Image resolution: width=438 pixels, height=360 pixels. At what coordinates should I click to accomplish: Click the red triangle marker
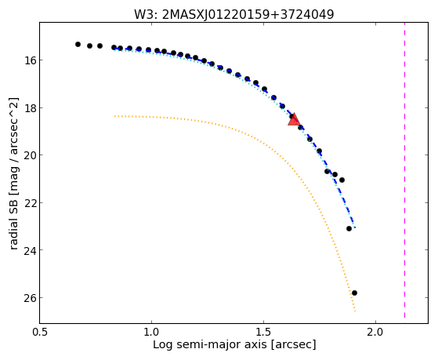point(294,120)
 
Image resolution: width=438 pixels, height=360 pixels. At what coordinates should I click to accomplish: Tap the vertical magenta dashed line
point(404,170)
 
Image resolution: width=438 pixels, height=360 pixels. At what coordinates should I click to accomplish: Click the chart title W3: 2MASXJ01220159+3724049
point(234,14)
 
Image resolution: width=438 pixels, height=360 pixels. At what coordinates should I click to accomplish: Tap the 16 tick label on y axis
point(31,60)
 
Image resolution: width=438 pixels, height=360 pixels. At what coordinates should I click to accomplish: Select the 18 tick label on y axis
point(31,107)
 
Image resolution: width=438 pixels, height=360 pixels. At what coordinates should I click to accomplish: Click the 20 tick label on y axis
point(31,155)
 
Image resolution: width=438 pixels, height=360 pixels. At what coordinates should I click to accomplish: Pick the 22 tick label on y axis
point(31,202)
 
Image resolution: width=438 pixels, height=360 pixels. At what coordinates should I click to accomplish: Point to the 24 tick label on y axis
point(31,249)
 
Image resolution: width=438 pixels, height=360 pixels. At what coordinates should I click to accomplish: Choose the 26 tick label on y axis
point(31,297)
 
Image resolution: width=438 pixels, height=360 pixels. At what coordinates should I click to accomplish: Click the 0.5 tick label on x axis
point(40,332)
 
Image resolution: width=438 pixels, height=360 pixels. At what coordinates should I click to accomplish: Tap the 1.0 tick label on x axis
point(151,332)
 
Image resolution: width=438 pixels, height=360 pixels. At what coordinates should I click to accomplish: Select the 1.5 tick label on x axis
point(263,332)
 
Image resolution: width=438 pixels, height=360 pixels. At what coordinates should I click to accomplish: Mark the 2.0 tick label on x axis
point(375,332)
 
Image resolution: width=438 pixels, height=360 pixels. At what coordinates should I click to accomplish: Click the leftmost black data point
point(78,44)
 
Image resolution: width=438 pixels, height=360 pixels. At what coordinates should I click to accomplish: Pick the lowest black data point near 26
point(354,293)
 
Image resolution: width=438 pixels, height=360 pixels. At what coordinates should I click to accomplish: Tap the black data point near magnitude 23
point(349,228)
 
